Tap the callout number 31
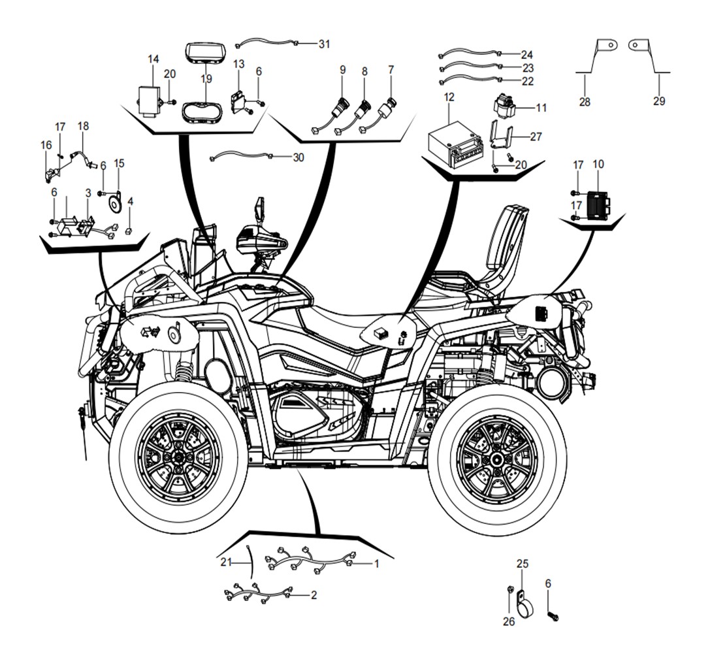[325, 44]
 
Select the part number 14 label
[153, 59]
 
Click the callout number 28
[585, 101]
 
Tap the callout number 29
[659, 101]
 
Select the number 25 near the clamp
[523, 563]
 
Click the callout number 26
[509, 621]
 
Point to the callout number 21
[226, 562]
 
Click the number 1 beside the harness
[376, 562]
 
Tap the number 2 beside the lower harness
[314, 595]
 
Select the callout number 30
[298, 157]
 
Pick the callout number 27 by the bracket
[536, 137]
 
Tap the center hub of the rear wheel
[498, 459]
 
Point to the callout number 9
[342, 69]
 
